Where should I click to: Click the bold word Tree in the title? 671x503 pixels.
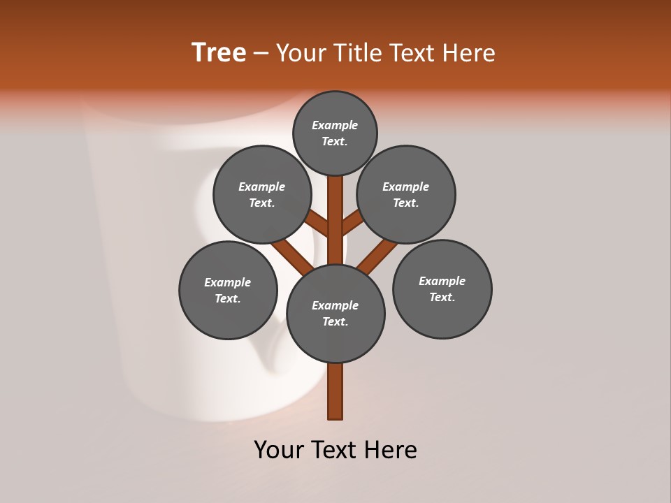[219, 53]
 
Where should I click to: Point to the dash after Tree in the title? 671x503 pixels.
[261, 54]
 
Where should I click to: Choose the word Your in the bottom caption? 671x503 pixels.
[279, 450]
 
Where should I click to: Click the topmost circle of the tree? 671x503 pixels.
[335, 133]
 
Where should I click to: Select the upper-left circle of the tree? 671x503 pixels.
[262, 194]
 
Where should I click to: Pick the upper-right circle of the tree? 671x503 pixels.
[406, 194]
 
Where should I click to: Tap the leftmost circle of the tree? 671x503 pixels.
[228, 290]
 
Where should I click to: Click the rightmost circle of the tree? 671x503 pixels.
[442, 289]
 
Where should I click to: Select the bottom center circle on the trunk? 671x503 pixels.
[335, 313]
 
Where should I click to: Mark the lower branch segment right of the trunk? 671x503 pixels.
[377, 256]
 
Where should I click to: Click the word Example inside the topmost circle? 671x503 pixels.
[335, 125]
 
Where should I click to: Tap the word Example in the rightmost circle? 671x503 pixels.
[442, 281]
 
